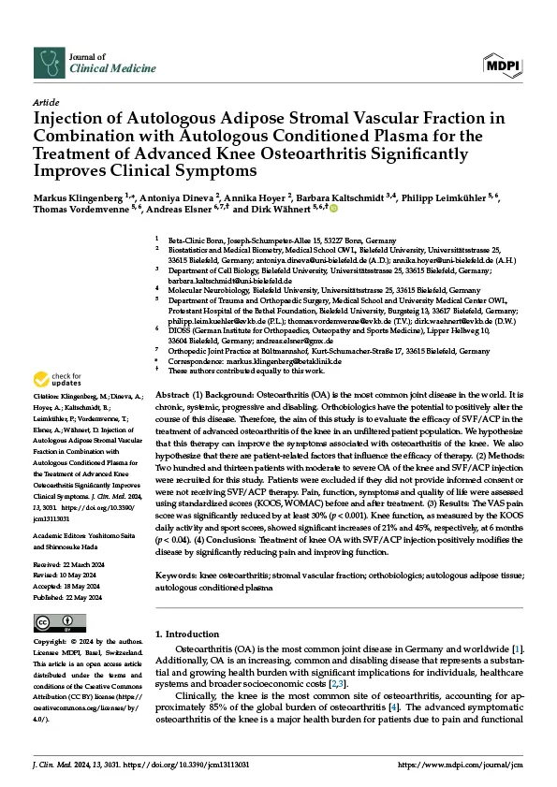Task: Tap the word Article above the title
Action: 47,101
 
